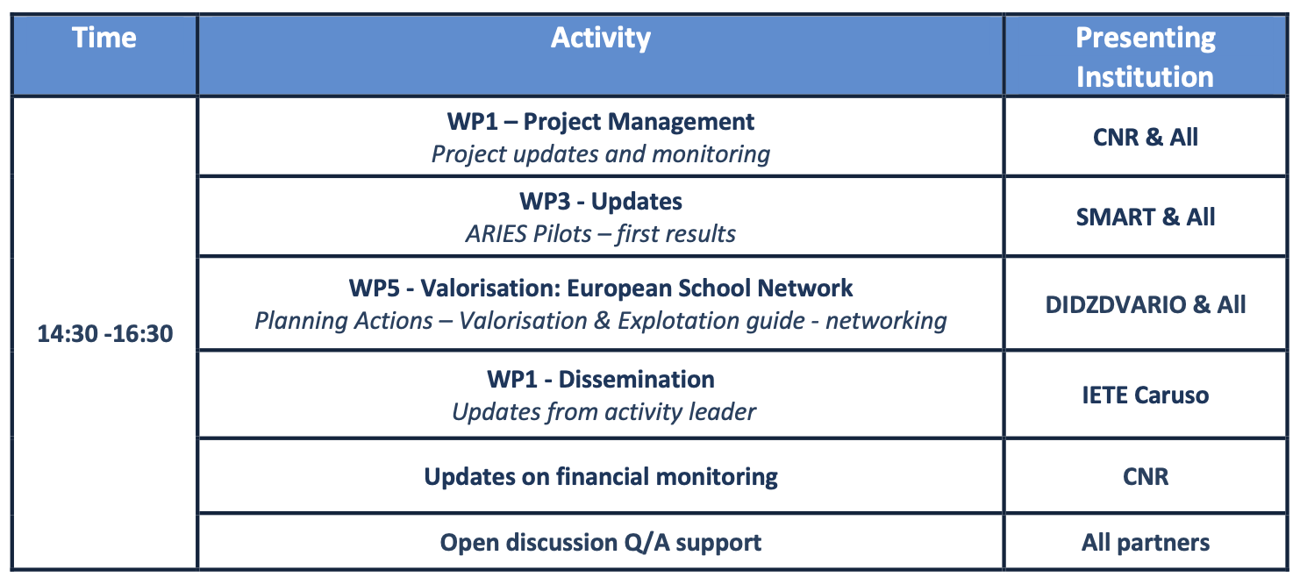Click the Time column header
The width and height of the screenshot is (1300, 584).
pos(104,39)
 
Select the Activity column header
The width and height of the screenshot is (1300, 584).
pos(601,39)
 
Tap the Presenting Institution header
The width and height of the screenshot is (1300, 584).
pos(1145,57)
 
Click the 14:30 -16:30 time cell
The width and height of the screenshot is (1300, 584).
pos(105,334)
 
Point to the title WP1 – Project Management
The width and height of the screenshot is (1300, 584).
pos(601,123)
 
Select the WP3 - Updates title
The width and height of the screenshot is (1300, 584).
pos(601,202)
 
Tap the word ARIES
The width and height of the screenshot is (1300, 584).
pos(496,234)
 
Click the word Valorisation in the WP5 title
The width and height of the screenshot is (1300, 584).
pos(489,288)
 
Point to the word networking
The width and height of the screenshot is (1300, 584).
pos(886,321)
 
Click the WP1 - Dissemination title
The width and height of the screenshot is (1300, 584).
pos(601,380)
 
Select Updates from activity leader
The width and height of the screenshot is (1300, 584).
pos(604,412)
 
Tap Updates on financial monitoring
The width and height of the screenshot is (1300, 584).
pos(601,477)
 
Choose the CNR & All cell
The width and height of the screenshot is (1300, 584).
pos(1145,138)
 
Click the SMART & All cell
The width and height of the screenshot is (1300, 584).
pos(1145,217)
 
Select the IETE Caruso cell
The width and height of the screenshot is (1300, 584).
pos(1145,395)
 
